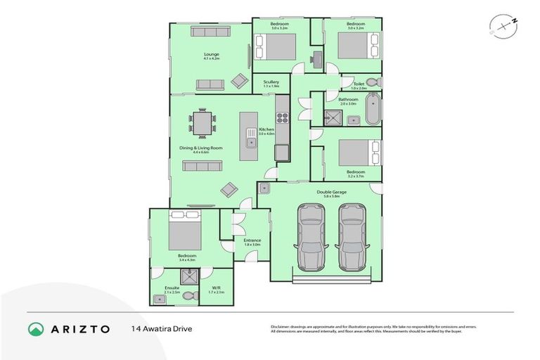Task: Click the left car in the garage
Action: (309, 237)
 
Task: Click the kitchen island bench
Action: (249, 138)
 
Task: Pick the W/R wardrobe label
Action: (217, 289)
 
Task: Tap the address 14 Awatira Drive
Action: (161, 328)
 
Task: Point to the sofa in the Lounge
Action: (210, 84)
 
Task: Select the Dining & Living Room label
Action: (207, 150)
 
